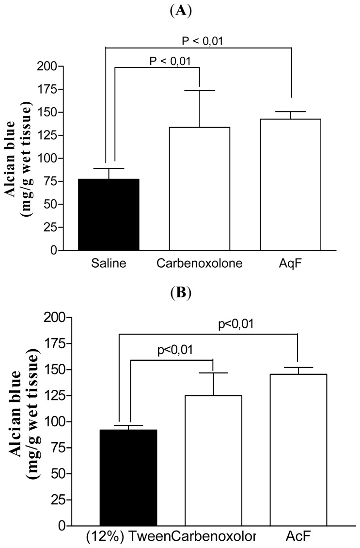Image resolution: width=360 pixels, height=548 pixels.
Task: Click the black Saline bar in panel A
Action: (109, 215)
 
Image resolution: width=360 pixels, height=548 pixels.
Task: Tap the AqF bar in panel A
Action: (290, 185)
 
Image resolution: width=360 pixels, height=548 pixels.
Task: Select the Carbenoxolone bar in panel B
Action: (212, 460)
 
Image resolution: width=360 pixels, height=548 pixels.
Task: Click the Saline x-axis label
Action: (109, 263)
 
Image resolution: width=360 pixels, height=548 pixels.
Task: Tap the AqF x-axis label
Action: (290, 263)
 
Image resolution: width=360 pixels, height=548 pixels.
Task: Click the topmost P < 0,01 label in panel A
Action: (204, 41)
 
